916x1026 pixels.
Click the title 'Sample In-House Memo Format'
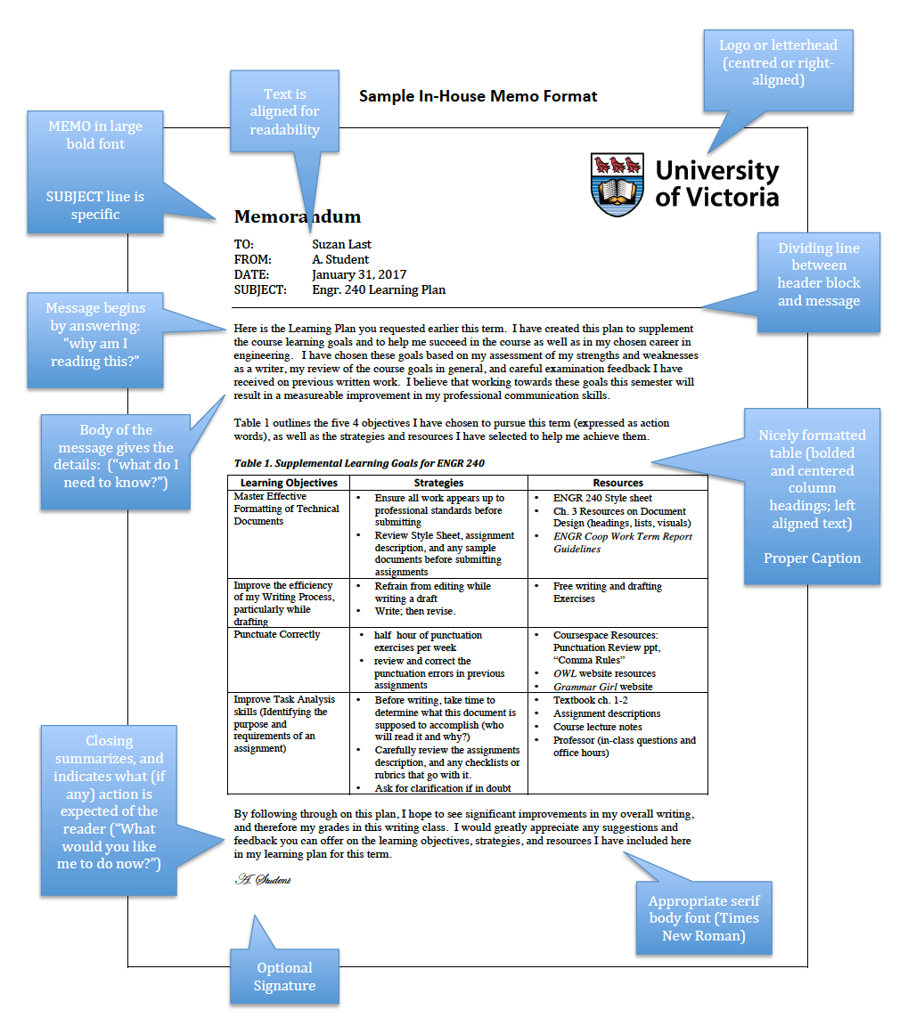(478, 96)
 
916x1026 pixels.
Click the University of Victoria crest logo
(618, 183)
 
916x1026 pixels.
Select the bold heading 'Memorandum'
(298, 216)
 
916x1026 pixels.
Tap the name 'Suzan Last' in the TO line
(341, 244)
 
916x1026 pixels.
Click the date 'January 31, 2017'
(359, 274)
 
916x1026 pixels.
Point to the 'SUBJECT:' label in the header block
(260, 289)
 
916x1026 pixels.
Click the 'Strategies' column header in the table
(438, 483)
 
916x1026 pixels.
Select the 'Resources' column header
(617, 483)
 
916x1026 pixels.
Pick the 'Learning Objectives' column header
(289, 483)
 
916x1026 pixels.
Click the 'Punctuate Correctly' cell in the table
(277, 634)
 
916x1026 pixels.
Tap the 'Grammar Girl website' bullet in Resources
(602, 687)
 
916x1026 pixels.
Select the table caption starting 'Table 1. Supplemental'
(359, 463)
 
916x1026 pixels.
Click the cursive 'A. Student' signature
(263, 880)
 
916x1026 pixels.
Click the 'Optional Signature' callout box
(284, 976)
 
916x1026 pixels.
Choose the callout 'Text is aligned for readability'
(284, 111)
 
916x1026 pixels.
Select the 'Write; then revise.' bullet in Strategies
(415, 611)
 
